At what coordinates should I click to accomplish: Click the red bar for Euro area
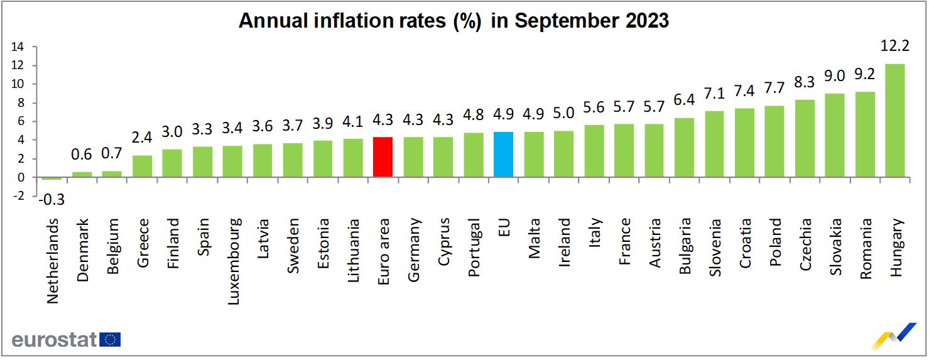coord(383,157)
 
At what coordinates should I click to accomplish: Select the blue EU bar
coord(503,155)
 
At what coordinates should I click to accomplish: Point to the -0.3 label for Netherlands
coord(52,200)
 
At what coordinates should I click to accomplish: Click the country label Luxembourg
coord(233,261)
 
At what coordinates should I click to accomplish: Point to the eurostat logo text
coord(54,340)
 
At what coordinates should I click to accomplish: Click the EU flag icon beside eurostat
coord(111,340)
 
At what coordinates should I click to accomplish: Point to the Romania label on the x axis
coord(866,249)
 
